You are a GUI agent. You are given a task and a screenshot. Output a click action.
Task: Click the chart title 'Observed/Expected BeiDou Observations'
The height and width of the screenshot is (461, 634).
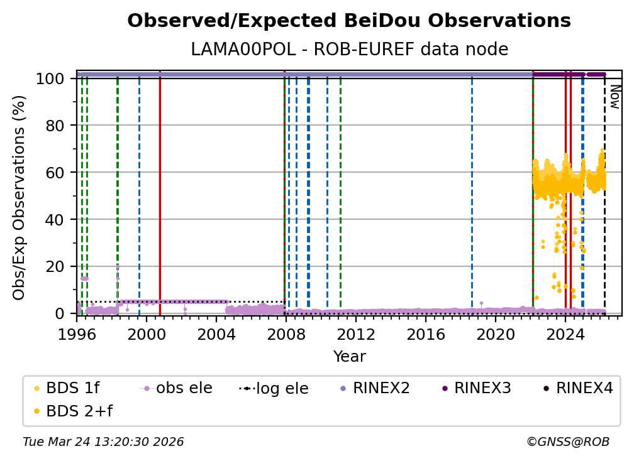click(349, 21)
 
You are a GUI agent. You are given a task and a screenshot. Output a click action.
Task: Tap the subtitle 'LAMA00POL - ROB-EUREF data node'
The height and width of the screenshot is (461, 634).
click(349, 50)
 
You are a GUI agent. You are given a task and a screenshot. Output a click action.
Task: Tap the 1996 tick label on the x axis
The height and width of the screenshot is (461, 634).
click(77, 335)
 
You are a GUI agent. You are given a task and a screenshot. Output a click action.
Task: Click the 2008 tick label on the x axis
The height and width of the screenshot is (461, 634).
click(286, 335)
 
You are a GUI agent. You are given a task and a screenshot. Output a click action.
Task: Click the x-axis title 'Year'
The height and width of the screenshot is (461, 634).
click(349, 357)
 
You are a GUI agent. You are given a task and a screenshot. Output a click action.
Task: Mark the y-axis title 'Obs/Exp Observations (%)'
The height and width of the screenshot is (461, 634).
click(19, 197)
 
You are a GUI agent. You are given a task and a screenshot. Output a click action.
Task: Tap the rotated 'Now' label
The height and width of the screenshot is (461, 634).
click(615, 97)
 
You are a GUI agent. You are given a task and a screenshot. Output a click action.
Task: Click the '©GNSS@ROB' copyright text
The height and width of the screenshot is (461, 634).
click(567, 442)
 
